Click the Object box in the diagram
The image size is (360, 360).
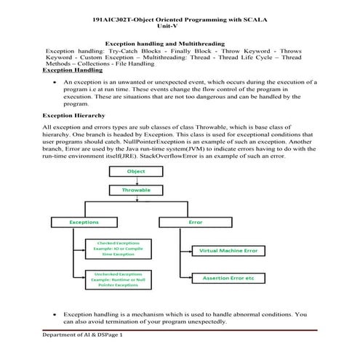point(136,172)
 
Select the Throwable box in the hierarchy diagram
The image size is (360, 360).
point(136,190)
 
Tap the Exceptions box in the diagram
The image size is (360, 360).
point(84,221)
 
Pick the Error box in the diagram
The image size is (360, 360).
point(196,221)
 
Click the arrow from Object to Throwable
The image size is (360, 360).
point(136,180)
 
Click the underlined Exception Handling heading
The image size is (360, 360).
point(73,71)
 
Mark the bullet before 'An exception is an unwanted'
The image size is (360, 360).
point(55,83)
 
